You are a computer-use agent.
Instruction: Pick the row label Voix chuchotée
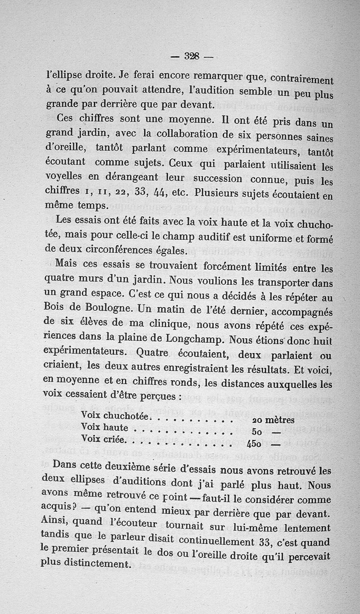coord(115,416)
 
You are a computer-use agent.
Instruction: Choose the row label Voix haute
coord(104,427)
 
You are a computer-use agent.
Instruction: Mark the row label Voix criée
coord(102,439)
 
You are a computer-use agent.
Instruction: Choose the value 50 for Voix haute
coord(255,431)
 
